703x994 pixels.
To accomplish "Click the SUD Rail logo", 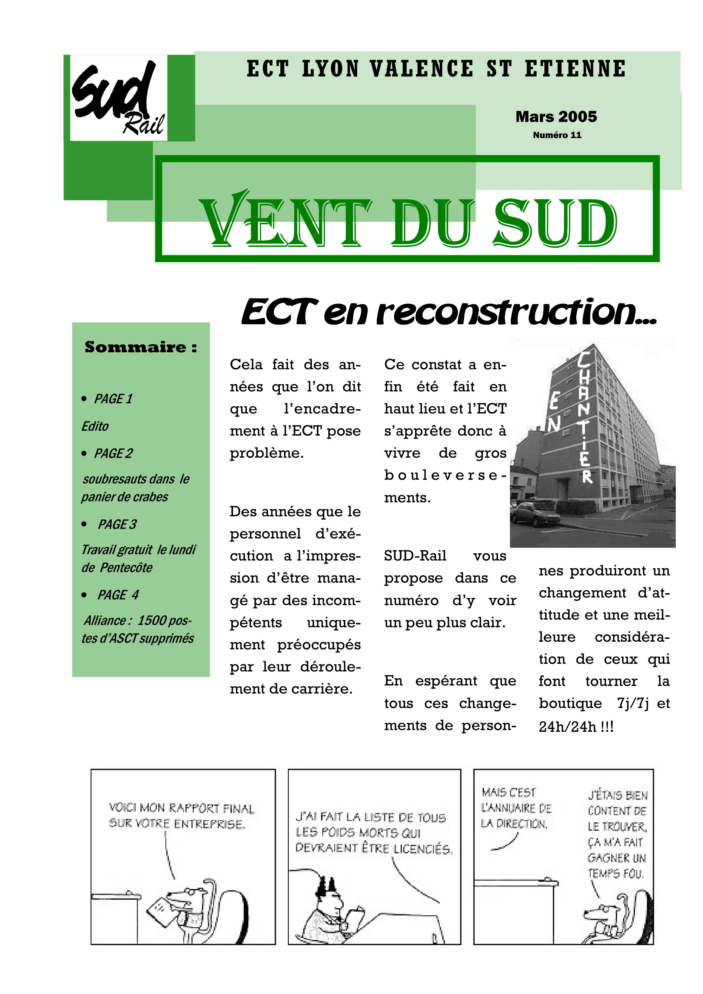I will [x=118, y=98].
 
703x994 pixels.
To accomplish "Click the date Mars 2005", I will [x=556, y=116].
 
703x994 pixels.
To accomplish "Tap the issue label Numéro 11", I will [x=557, y=135].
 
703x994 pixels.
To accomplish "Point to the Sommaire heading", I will [x=141, y=347].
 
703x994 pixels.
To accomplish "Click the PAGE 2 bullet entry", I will [x=113, y=453].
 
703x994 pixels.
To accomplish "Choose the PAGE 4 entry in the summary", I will [x=118, y=595].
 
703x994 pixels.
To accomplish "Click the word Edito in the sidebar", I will [x=95, y=426].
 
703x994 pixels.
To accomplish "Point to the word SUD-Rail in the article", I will [x=415, y=556].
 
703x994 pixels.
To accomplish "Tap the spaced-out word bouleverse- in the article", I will [x=445, y=475].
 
